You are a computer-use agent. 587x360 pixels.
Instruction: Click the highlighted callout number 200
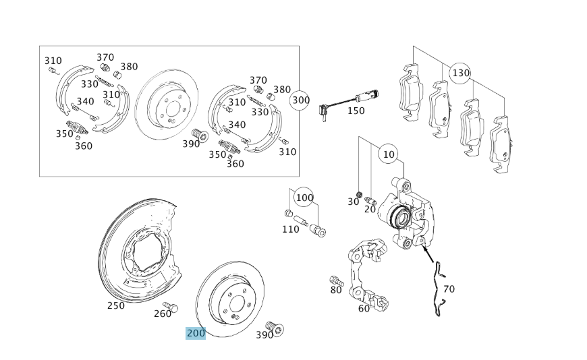[x=196, y=333]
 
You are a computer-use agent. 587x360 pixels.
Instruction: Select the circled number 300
[x=300, y=100]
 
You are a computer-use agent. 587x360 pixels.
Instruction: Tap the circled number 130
[x=460, y=73]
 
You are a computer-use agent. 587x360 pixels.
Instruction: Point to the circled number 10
[x=388, y=154]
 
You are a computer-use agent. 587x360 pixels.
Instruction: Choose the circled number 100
[x=304, y=198]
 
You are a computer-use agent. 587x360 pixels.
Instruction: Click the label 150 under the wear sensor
[x=356, y=111]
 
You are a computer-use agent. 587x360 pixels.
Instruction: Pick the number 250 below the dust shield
[x=116, y=305]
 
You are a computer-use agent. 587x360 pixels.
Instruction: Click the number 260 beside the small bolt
[x=163, y=313]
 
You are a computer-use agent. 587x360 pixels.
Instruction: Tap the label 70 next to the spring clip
[x=449, y=289]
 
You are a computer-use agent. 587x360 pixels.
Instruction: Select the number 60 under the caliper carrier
[x=364, y=309]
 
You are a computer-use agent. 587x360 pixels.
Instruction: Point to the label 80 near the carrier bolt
[x=336, y=291]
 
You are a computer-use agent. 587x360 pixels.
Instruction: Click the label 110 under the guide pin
[x=290, y=229]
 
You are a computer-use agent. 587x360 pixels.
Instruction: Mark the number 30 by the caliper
[x=354, y=202]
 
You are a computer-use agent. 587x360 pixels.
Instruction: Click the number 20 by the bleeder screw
[x=370, y=209]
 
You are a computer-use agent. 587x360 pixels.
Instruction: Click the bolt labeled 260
[x=171, y=307]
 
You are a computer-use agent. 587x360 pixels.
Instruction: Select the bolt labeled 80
[x=335, y=280]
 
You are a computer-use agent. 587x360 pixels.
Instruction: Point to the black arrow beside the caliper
[x=428, y=255]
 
